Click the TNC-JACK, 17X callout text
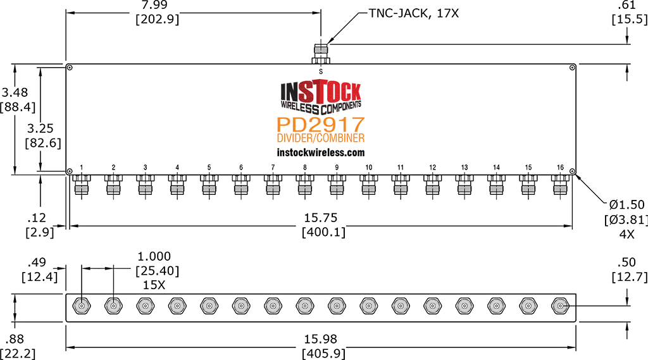pyautogui.click(x=414, y=13)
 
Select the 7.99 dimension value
pyautogui.click(x=154, y=5)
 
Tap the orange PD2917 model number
pyautogui.click(x=321, y=124)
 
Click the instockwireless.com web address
pyautogui.click(x=321, y=152)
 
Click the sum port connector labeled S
pyautogui.click(x=321, y=54)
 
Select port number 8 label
pyautogui.click(x=305, y=168)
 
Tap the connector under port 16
pyautogui.click(x=561, y=184)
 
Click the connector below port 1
pyautogui.click(x=82, y=184)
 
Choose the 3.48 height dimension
pyautogui.click(x=15, y=92)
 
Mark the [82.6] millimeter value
pyautogui.click(x=43, y=143)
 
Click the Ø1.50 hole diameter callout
pyautogui.click(x=627, y=204)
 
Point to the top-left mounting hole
pyautogui.click(x=70, y=68)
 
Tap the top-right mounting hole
pyautogui.click(x=572, y=67)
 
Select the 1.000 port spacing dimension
pyautogui.click(x=154, y=256)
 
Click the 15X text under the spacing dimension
pyautogui.click(x=154, y=285)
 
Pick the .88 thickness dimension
pyautogui.click(x=15, y=339)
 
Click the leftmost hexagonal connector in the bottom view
pyautogui.click(x=82, y=306)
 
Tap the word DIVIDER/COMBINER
pyautogui.click(x=321, y=138)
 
